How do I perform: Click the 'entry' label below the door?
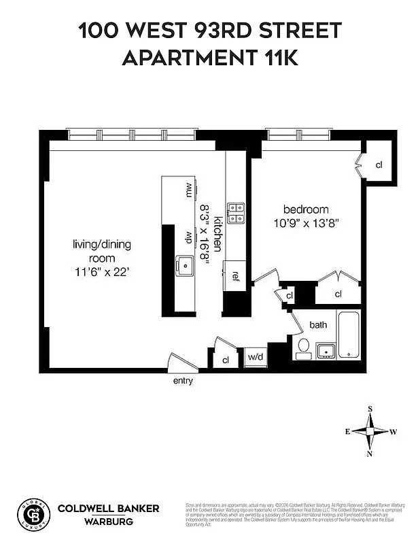(x=183, y=381)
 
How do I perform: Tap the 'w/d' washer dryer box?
(x=255, y=357)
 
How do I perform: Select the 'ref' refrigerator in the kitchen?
(x=235, y=275)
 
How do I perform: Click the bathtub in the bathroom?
(x=349, y=334)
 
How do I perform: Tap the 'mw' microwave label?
(x=188, y=190)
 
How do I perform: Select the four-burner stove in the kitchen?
(x=235, y=213)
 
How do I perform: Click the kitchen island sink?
(x=183, y=265)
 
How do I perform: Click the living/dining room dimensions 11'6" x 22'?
(x=101, y=272)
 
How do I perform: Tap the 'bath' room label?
(x=318, y=325)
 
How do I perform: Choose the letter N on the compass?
(x=370, y=454)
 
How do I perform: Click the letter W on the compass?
(x=393, y=432)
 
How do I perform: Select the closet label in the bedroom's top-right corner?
(x=379, y=165)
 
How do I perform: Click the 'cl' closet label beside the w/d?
(x=225, y=360)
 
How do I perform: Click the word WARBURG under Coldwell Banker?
(x=108, y=522)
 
